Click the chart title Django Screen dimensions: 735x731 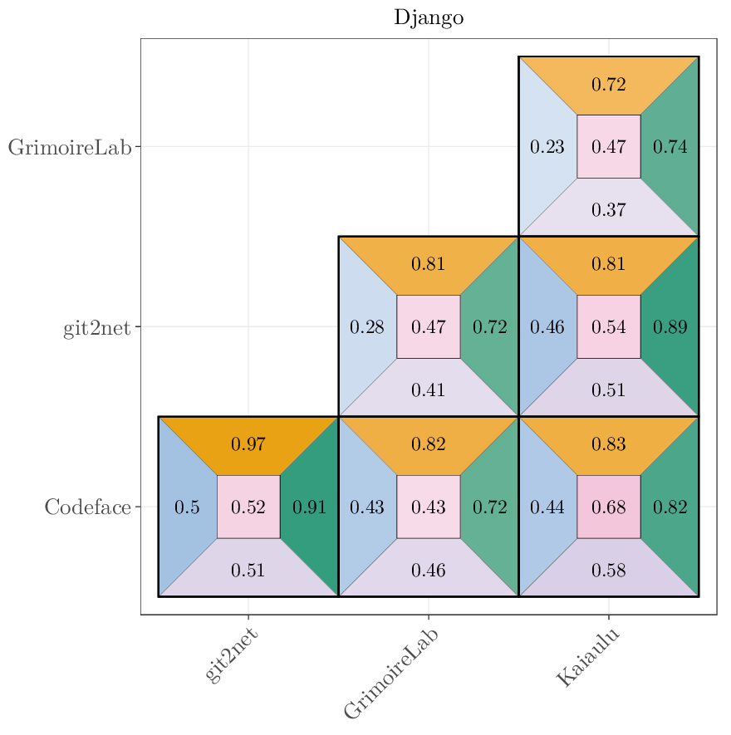point(429,18)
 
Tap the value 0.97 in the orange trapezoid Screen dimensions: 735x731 point(248,444)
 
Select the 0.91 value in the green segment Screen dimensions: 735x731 point(310,507)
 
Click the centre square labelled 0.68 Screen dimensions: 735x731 point(609,507)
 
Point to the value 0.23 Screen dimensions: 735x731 point(547,147)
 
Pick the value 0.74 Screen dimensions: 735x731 point(670,147)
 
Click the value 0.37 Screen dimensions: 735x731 point(609,209)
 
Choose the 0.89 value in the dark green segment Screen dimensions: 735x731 point(670,327)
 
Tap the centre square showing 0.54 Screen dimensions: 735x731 point(609,327)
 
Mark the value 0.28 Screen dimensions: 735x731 point(367,327)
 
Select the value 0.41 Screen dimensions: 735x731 point(429,390)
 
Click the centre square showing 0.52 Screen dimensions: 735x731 point(248,507)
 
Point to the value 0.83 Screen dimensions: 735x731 point(609,444)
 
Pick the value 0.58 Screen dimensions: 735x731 point(609,570)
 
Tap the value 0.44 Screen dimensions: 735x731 point(547,507)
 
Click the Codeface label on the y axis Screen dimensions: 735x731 point(88,507)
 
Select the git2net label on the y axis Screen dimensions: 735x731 point(97,328)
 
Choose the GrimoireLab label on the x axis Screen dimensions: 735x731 point(391,673)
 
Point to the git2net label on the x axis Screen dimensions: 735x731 point(232,654)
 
